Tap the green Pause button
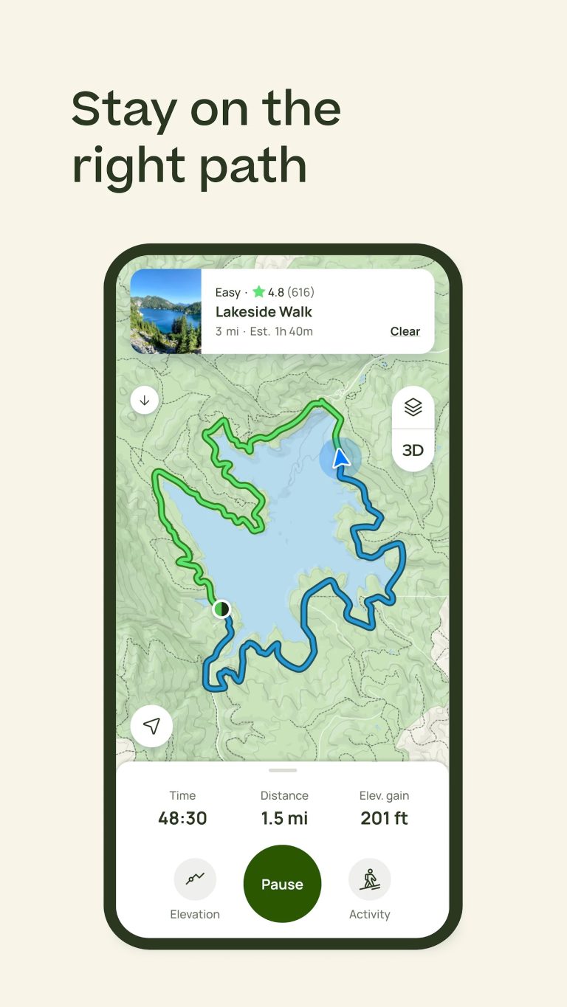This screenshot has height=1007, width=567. pyautogui.click(x=282, y=884)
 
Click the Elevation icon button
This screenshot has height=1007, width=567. pyautogui.click(x=195, y=879)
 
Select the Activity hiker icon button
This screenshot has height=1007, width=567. pyautogui.click(x=369, y=879)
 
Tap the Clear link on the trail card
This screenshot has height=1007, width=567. pyautogui.click(x=405, y=331)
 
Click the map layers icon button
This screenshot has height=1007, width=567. pyautogui.click(x=413, y=407)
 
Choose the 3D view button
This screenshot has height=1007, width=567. pyautogui.click(x=413, y=450)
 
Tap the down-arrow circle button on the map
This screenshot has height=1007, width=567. pyautogui.click(x=145, y=401)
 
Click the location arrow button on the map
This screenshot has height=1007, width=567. pyautogui.click(x=151, y=726)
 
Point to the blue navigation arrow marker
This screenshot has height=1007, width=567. pyautogui.click(x=340, y=459)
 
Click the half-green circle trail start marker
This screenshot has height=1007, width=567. pyautogui.click(x=221, y=609)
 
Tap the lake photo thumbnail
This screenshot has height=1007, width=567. pyautogui.click(x=166, y=311)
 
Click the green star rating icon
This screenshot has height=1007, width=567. pyautogui.click(x=258, y=292)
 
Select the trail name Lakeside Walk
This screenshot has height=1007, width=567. pyautogui.click(x=264, y=311)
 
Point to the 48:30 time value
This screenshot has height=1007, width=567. pyautogui.click(x=182, y=818)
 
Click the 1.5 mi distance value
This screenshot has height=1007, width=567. pyautogui.click(x=284, y=818)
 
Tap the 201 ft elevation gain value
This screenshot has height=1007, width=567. pyautogui.click(x=384, y=818)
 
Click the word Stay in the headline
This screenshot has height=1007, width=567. pyautogui.click(x=123, y=109)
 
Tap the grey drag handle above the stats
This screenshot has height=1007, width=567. pyautogui.click(x=283, y=770)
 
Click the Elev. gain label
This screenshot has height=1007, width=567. pyautogui.click(x=384, y=795)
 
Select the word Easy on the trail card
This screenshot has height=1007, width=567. pyautogui.click(x=227, y=292)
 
